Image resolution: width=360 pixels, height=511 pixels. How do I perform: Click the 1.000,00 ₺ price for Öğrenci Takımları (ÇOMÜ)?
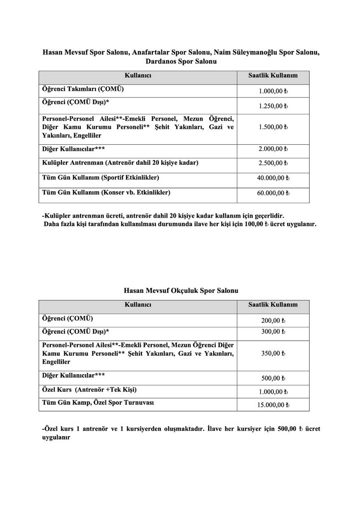pos(274,92)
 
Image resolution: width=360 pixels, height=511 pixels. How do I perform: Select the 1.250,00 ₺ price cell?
pos(274,106)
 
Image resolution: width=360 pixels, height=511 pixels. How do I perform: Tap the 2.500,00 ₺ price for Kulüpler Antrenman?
pos(274,163)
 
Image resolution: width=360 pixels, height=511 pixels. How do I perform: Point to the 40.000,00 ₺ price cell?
pos(274,178)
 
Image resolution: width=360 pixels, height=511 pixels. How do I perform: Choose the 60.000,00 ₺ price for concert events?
pos(274,193)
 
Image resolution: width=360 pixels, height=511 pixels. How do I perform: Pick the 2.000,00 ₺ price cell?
pos(274,149)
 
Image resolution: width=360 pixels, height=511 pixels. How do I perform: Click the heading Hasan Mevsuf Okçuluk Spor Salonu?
pos(181,290)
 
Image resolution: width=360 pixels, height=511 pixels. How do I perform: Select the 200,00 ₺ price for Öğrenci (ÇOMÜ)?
pos(273,320)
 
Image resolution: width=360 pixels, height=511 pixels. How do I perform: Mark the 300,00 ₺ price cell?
pos(273,331)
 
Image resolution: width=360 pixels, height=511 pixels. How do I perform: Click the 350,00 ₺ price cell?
pos(273,353)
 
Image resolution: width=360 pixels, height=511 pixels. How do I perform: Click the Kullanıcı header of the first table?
pos(138,75)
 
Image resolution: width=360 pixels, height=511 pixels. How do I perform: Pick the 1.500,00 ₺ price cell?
pos(274,127)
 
